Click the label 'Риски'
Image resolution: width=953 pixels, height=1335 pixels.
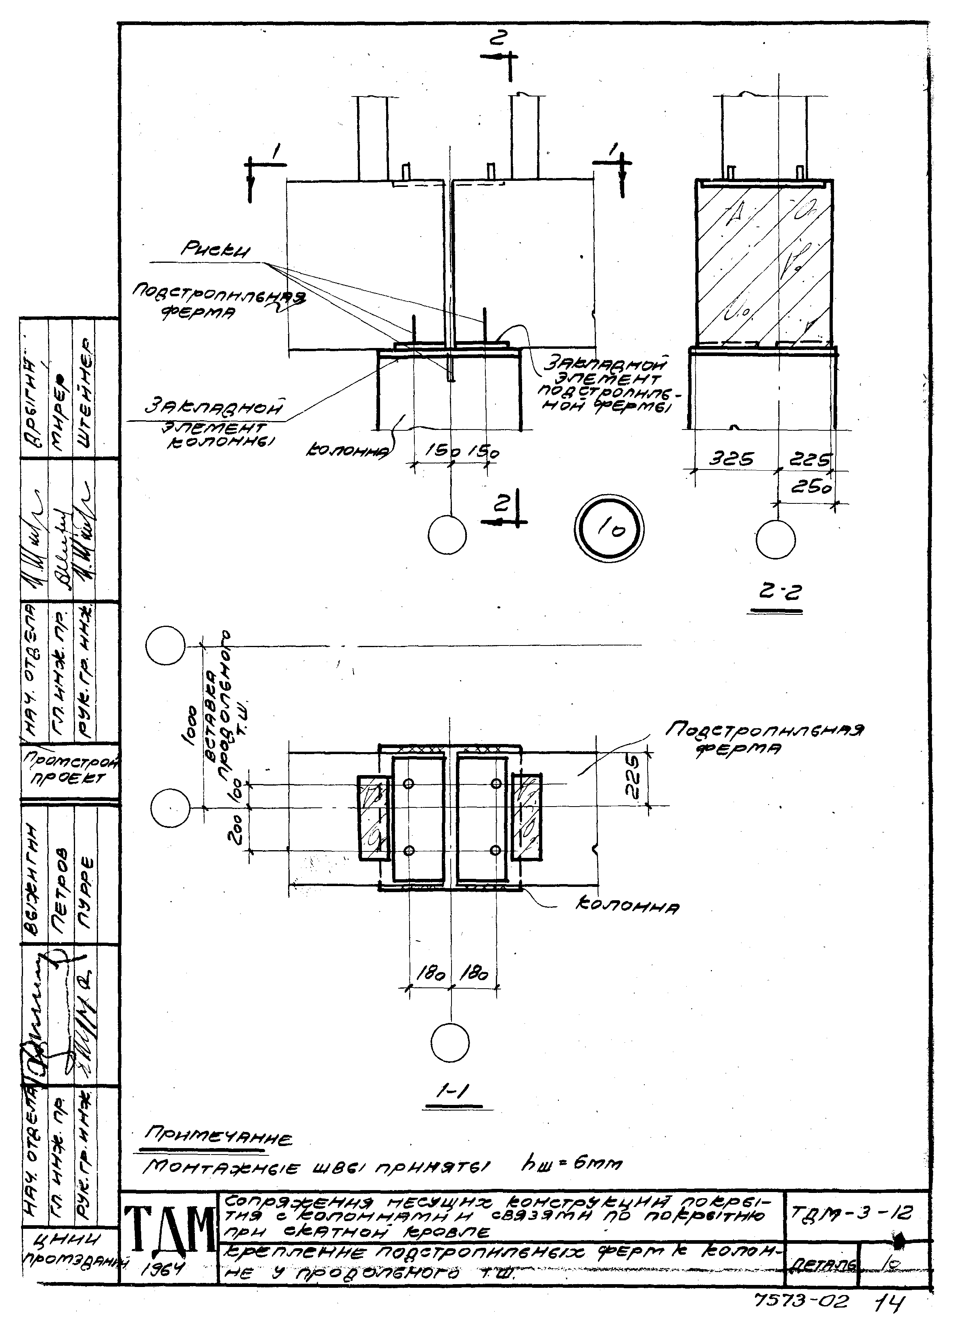(x=215, y=251)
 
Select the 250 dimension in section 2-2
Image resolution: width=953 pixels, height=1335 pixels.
(x=810, y=487)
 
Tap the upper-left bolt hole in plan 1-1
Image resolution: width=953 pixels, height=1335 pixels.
(x=410, y=783)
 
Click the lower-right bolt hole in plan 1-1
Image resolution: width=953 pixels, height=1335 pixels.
(x=495, y=850)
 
